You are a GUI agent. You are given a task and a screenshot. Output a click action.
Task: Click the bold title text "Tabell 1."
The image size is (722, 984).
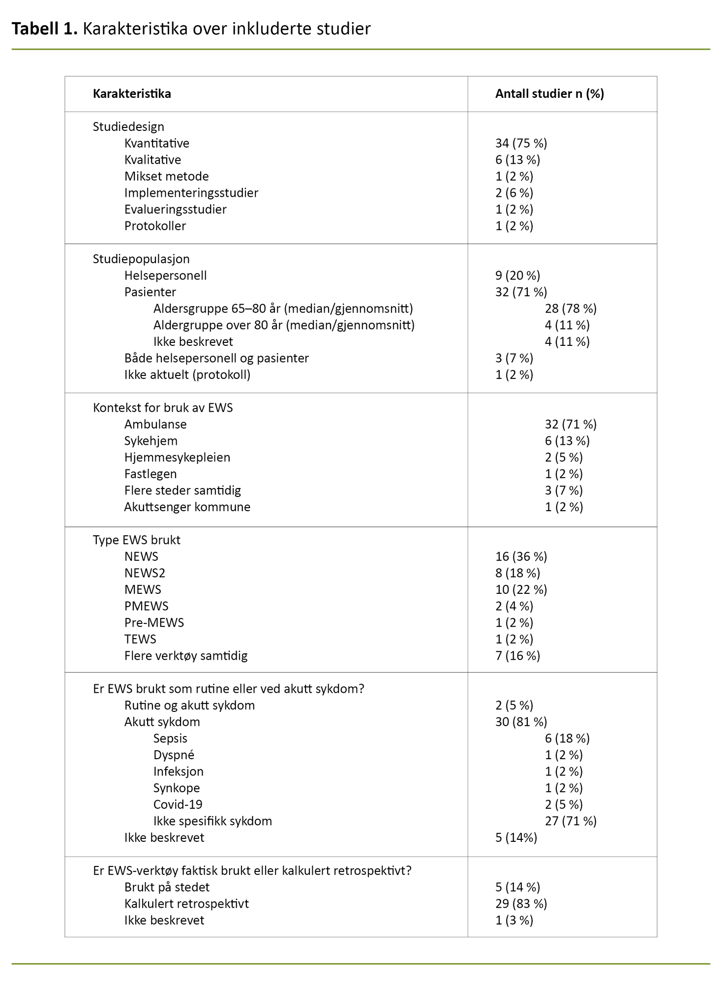click(44, 30)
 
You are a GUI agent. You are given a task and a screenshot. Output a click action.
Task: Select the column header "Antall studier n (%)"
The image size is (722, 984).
click(549, 93)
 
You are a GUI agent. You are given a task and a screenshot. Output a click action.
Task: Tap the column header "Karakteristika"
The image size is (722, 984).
click(132, 93)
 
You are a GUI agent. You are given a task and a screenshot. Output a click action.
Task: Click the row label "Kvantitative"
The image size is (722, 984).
click(156, 143)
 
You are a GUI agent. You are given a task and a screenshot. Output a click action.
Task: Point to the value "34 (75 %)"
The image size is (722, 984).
click(521, 143)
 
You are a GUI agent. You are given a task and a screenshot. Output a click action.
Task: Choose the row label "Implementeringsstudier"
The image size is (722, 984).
click(191, 193)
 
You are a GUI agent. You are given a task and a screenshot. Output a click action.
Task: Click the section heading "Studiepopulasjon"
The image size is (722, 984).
click(141, 259)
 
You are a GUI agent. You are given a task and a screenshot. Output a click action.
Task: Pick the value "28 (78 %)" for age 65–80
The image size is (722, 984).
click(571, 308)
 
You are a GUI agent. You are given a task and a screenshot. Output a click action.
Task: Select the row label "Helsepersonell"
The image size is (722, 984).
click(165, 276)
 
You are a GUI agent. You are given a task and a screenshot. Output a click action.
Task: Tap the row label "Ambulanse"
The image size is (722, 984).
click(155, 424)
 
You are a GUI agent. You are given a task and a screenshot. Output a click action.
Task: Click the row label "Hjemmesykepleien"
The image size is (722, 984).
click(177, 457)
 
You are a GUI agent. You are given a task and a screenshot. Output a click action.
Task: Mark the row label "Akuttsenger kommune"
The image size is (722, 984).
click(187, 507)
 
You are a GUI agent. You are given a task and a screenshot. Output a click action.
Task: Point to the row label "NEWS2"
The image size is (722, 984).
click(145, 573)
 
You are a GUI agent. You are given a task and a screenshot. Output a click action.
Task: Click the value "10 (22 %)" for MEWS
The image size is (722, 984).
click(521, 589)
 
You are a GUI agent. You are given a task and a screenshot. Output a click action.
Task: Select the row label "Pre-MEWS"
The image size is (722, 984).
click(154, 622)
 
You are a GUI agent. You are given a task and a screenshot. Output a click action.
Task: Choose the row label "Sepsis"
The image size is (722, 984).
click(170, 738)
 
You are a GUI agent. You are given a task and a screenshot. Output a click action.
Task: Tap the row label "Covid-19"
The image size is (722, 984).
click(178, 804)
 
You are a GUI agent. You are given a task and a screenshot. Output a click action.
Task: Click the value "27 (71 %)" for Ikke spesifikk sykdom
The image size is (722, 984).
click(571, 821)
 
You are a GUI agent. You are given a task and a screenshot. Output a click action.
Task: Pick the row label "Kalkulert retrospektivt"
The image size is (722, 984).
click(186, 903)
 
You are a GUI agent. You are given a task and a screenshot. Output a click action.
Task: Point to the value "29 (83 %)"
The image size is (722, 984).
click(521, 903)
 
